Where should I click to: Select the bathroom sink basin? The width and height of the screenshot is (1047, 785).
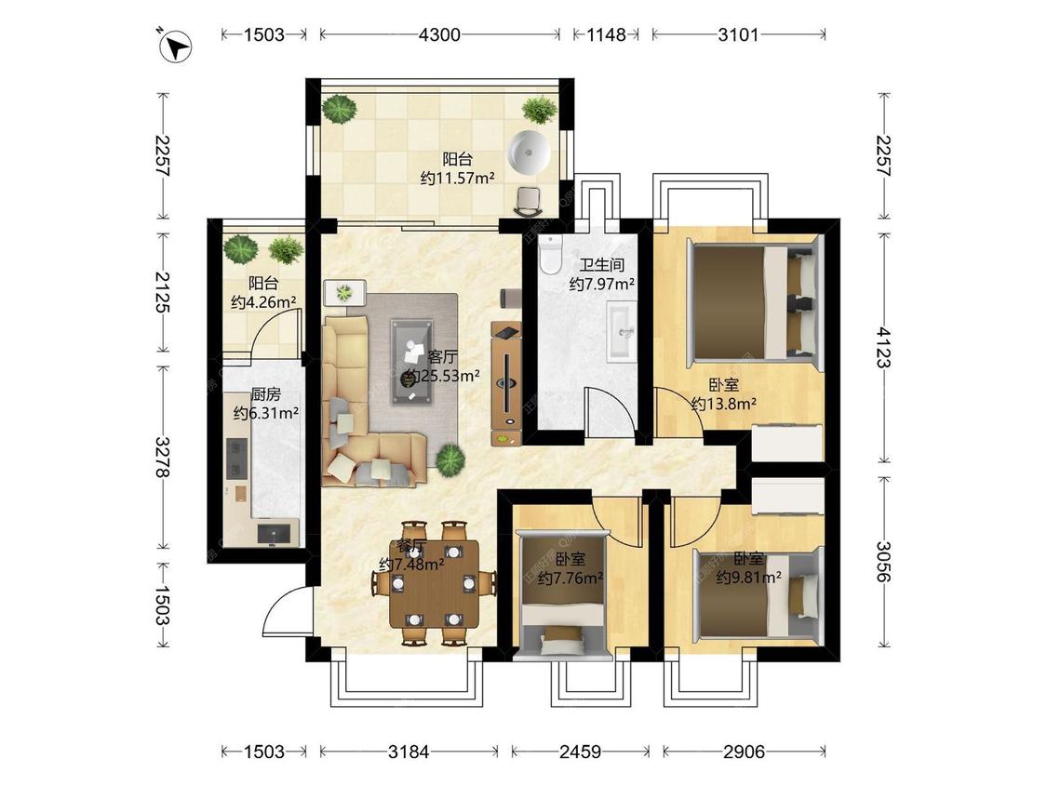[623, 331]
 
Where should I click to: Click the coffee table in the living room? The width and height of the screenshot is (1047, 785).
[411, 361]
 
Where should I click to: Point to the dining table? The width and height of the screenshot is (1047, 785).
[435, 583]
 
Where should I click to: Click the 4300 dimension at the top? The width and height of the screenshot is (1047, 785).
[439, 34]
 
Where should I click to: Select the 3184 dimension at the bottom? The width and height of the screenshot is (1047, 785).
[409, 752]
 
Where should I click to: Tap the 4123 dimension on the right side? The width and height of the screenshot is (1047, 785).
[883, 347]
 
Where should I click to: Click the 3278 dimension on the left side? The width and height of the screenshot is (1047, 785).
[162, 457]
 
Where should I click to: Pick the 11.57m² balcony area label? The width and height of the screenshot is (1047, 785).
[457, 179]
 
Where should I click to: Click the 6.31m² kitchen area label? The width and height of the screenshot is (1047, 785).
[265, 413]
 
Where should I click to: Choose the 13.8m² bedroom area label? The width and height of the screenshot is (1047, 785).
[724, 403]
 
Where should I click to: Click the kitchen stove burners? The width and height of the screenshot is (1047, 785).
[235, 458]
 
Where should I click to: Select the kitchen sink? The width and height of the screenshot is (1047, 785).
[274, 532]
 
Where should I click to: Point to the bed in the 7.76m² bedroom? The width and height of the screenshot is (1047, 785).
[564, 594]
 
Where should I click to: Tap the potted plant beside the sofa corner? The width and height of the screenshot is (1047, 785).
[450, 459]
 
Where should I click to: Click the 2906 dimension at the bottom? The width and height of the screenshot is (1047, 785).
[744, 752]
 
